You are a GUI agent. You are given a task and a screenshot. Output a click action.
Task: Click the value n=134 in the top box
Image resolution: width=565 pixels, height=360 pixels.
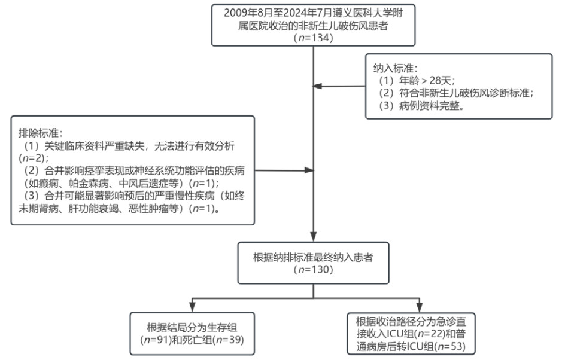[314, 38]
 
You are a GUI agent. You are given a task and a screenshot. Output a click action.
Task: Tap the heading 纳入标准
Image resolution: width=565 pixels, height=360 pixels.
[392, 68]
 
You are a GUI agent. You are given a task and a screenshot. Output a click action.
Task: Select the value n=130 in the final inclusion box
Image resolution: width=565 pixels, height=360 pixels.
[313, 270]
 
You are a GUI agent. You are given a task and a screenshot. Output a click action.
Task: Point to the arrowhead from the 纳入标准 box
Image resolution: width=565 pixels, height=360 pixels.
[318, 87]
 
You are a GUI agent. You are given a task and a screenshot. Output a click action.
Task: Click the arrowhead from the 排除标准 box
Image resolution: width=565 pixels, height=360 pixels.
[308, 170]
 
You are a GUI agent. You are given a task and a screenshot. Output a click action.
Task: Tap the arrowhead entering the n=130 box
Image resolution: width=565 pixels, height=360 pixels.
[314, 237]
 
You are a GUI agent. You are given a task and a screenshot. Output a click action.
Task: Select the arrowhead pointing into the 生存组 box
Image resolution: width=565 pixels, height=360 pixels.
[191, 307]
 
